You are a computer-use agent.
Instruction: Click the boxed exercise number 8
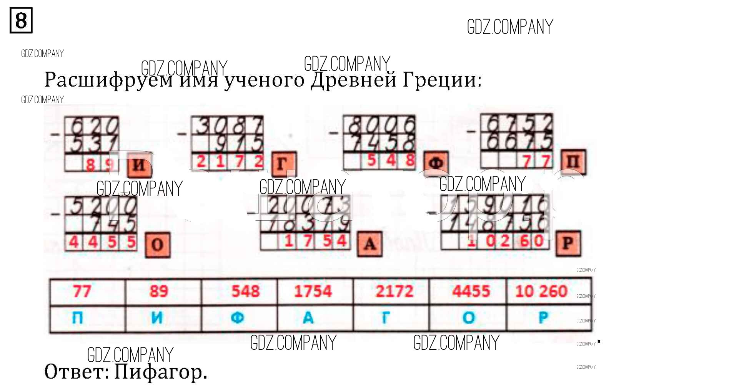[x=21, y=20]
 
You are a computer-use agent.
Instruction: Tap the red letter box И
[x=139, y=165]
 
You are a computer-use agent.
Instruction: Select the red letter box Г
[x=283, y=164]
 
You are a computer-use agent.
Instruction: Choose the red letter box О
[x=158, y=245]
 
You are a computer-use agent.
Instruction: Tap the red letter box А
[x=370, y=244]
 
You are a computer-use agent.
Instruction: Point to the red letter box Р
[x=568, y=243]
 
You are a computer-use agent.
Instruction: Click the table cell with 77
[x=82, y=291]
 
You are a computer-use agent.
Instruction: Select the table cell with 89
[x=159, y=291]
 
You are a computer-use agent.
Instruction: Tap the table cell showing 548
[x=245, y=291]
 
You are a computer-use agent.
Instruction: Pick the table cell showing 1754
[x=313, y=291]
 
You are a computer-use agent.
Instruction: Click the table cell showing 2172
[x=394, y=291]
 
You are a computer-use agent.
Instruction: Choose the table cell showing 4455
[x=471, y=291]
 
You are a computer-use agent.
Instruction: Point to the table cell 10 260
[x=541, y=291]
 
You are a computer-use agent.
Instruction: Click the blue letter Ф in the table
[x=238, y=318]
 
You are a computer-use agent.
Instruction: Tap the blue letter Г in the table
[x=385, y=318]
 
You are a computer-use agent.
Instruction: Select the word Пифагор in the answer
[x=161, y=372]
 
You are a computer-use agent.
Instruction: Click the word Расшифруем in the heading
[x=108, y=80]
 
